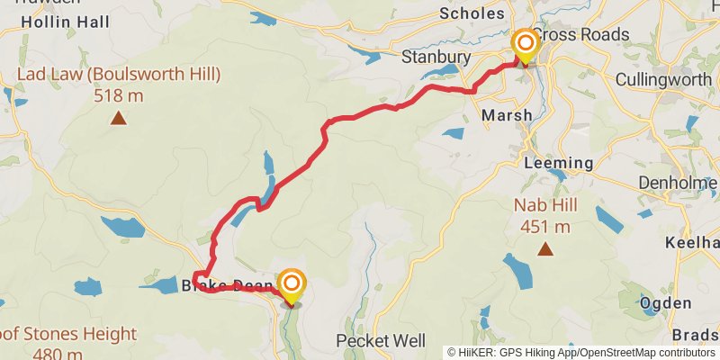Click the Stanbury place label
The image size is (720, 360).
436,58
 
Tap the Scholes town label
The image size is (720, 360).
472,13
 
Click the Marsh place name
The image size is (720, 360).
507,115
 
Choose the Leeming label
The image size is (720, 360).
558,163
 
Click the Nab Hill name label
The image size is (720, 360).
544,205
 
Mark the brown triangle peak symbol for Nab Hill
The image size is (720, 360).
544,248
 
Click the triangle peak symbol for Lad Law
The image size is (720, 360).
118,118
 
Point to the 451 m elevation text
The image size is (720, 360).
544,226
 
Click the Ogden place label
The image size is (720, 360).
666,303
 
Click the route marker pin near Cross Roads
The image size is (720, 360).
524,46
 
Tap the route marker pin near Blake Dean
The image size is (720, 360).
292,286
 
